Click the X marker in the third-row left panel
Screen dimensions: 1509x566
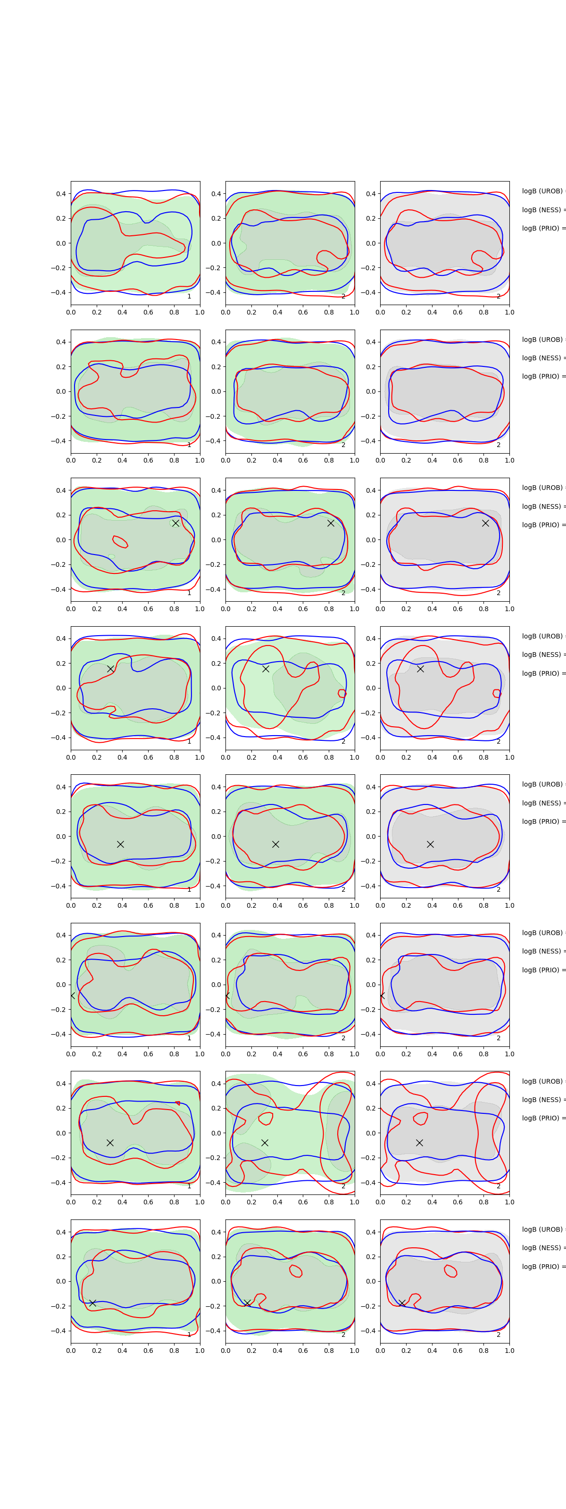(175, 523)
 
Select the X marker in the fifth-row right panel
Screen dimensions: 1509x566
(430, 844)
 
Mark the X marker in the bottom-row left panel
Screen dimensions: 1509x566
(92, 1303)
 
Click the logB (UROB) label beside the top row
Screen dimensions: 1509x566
(542, 191)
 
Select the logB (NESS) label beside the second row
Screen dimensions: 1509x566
(542, 358)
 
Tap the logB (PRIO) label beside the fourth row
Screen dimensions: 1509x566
(542, 673)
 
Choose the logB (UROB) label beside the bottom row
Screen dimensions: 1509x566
(542, 1229)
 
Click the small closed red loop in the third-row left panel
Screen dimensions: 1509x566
(119, 541)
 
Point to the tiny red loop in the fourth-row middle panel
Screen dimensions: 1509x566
(342, 694)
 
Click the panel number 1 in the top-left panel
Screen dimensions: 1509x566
(189, 297)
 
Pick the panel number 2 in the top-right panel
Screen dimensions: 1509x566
(499, 297)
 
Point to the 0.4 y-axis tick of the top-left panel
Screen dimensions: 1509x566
(61, 194)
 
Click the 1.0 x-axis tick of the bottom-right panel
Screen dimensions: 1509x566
(509, 1350)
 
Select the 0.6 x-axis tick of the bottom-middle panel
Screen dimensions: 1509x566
(303, 1350)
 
